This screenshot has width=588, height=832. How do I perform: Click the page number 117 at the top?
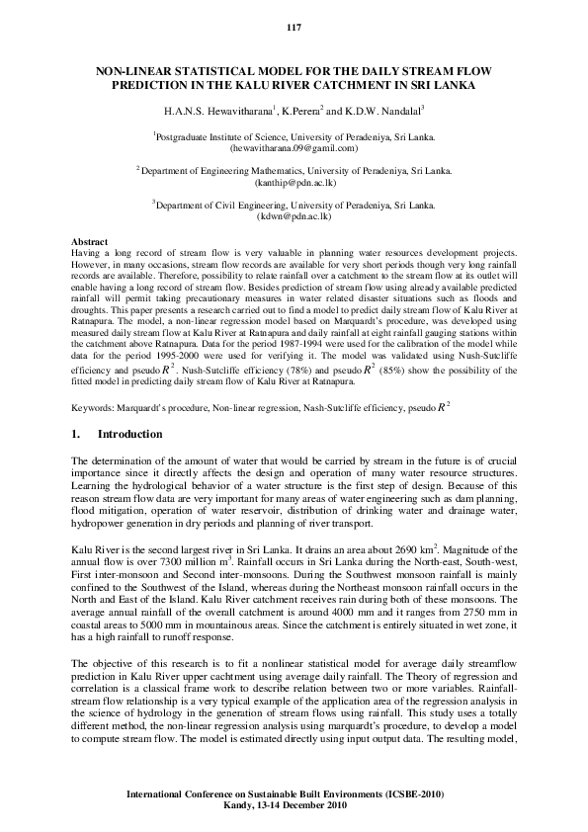pos(294,26)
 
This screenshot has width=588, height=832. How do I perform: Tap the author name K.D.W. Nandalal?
pos(383,109)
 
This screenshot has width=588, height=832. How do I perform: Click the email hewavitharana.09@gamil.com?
pos(294,147)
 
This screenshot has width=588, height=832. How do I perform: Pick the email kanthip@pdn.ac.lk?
pos(294,182)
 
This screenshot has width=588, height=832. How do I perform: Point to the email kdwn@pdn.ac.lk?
pos(294,215)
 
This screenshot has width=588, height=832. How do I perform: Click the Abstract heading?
pos(91,241)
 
